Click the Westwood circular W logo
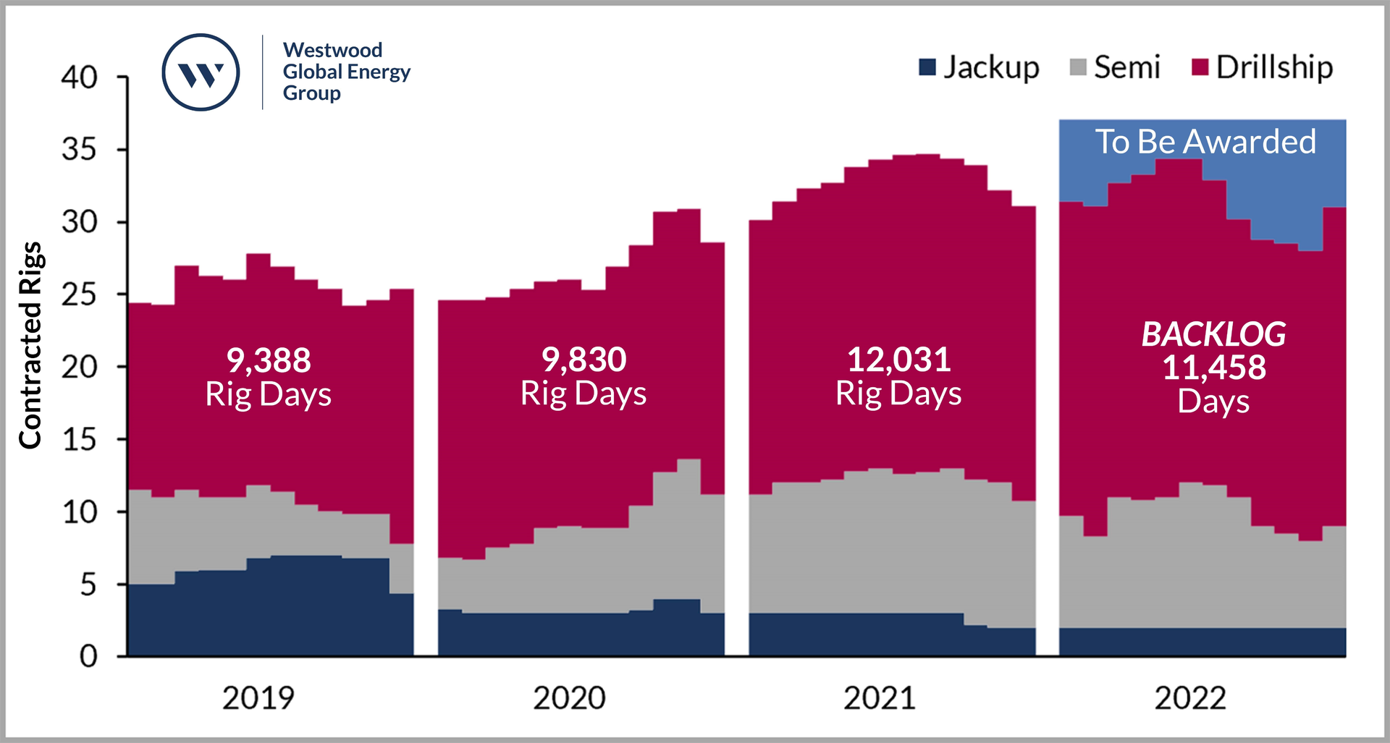coord(201,72)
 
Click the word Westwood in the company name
coord(332,50)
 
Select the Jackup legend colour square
coord(927,67)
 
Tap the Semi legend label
coord(1126,67)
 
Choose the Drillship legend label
coord(1273,67)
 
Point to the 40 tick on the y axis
coord(79,77)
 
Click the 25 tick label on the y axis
coord(79,294)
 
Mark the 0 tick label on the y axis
coord(88,656)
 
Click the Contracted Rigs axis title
coord(30,345)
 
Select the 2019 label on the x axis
coord(258,698)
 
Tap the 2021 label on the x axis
coord(879,698)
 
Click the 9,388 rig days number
coord(269,360)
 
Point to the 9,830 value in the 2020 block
coord(584,360)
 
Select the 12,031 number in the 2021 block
coord(898,360)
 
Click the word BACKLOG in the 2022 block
coord(1213,334)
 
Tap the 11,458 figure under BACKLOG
coord(1213,368)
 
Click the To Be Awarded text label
coord(1205,142)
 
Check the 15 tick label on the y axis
coord(79,439)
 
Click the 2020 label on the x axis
coord(569,698)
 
